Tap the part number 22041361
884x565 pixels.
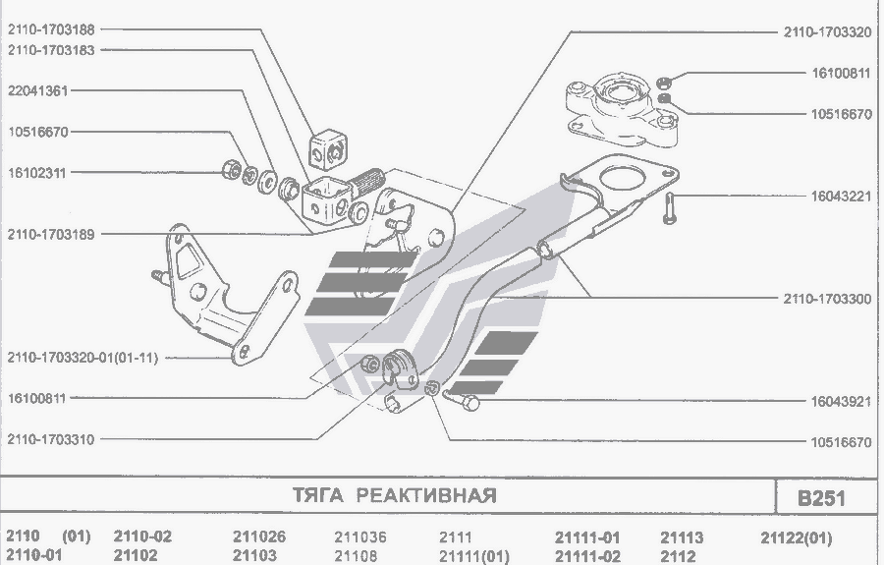click(38, 89)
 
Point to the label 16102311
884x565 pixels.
click(38, 172)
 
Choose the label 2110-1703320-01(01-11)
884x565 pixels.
click(81, 358)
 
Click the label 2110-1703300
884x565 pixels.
click(827, 298)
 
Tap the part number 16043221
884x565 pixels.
click(842, 196)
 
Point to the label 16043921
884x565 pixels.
click(842, 402)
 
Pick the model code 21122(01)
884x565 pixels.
click(796, 537)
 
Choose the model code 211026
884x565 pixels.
click(259, 537)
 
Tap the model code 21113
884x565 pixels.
click(682, 537)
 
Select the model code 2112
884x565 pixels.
click(678, 556)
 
